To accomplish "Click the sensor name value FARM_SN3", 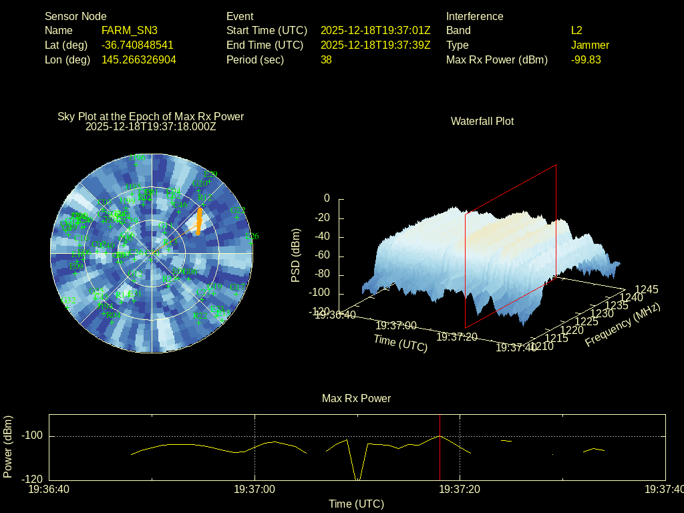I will coord(130,31).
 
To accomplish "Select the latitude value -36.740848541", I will coord(138,45).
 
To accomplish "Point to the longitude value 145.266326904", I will coord(139,60).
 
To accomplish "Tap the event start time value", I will coord(375,31).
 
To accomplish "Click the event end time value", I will coord(375,45).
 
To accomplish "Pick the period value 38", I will coord(326,60).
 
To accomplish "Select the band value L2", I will coord(576,31).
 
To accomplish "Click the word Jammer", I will coord(590,45).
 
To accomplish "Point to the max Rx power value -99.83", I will coord(586,60).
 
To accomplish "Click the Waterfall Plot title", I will coord(482,122).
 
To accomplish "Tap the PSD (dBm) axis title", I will coord(296,255).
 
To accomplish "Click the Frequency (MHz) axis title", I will coord(623,325).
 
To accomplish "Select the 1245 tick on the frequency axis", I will coord(646,289).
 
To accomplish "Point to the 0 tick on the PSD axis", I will coord(327,198).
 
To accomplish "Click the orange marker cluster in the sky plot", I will coord(198,221).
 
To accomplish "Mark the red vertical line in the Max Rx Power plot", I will coord(440,448).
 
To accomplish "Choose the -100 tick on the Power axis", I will coord(33,436).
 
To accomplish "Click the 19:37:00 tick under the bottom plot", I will coord(254,490).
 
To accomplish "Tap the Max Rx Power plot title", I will coord(356,399).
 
